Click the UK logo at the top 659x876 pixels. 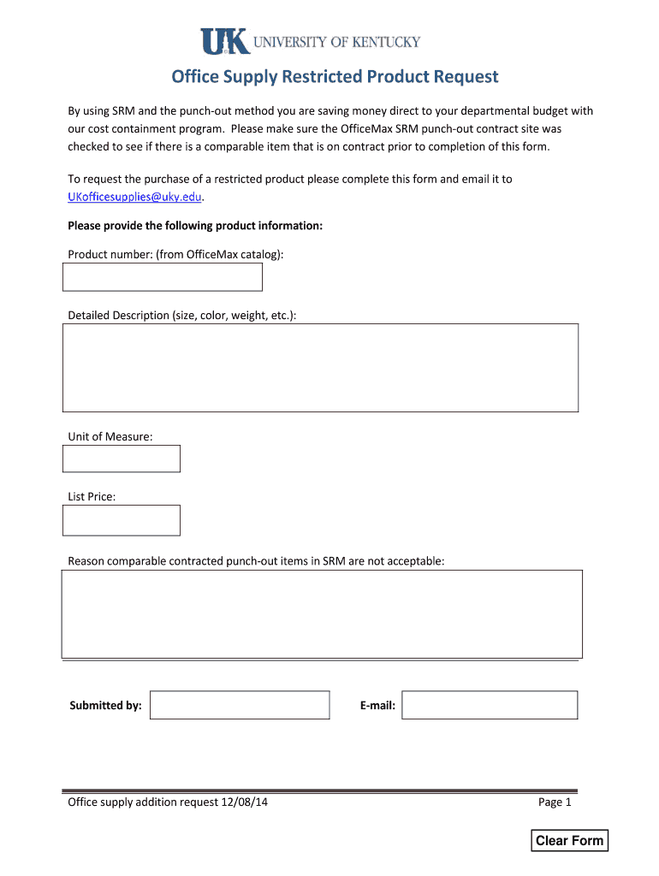(x=224, y=42)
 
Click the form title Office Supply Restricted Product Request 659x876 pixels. (x=335, y=77)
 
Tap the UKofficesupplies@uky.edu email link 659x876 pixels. (x=135, y=197)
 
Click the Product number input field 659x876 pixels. (x=163, y=277)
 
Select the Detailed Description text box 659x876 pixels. (x=320, y=368)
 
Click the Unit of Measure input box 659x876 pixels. (x=122, y=459)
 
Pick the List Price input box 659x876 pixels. (x=122, y=520)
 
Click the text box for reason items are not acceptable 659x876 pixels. (x=322, y=613)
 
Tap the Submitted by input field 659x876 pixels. (x=240, y=705)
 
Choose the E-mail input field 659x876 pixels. (x=490, y=705)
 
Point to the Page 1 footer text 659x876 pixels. (x=555, y=802)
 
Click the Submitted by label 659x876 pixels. (x=105, y=706)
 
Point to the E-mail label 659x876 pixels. (x=377, y=706)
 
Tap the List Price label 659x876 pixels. (x=92, y=496)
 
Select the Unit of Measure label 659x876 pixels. (x=110, y=436)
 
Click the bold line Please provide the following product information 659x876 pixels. (x=195, y=226)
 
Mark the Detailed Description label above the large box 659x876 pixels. (x=182, y=315)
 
